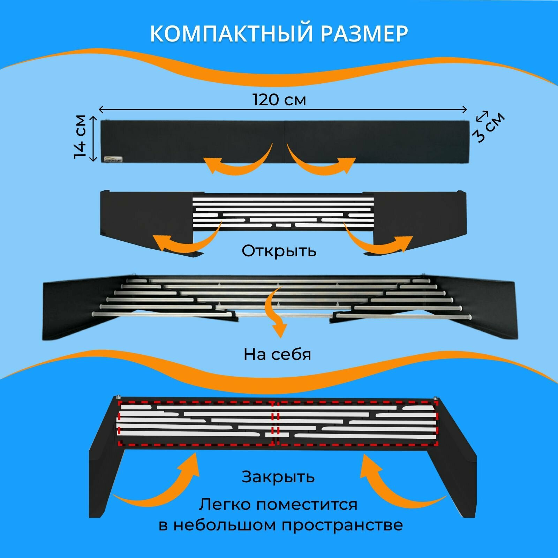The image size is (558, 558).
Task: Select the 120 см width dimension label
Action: (x=279, y=100)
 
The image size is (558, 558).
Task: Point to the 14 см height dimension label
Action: (x=80, y=137)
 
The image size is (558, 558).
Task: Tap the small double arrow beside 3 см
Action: (x=482, y=116)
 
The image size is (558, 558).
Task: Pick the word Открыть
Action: (x=279, y=250)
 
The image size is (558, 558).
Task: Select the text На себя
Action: (x=277, y=354)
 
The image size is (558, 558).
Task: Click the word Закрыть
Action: (x=278, y=477)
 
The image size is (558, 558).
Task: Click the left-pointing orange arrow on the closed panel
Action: (x=237, y=162)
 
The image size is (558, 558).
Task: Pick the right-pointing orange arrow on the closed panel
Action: (x=321, y=162)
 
